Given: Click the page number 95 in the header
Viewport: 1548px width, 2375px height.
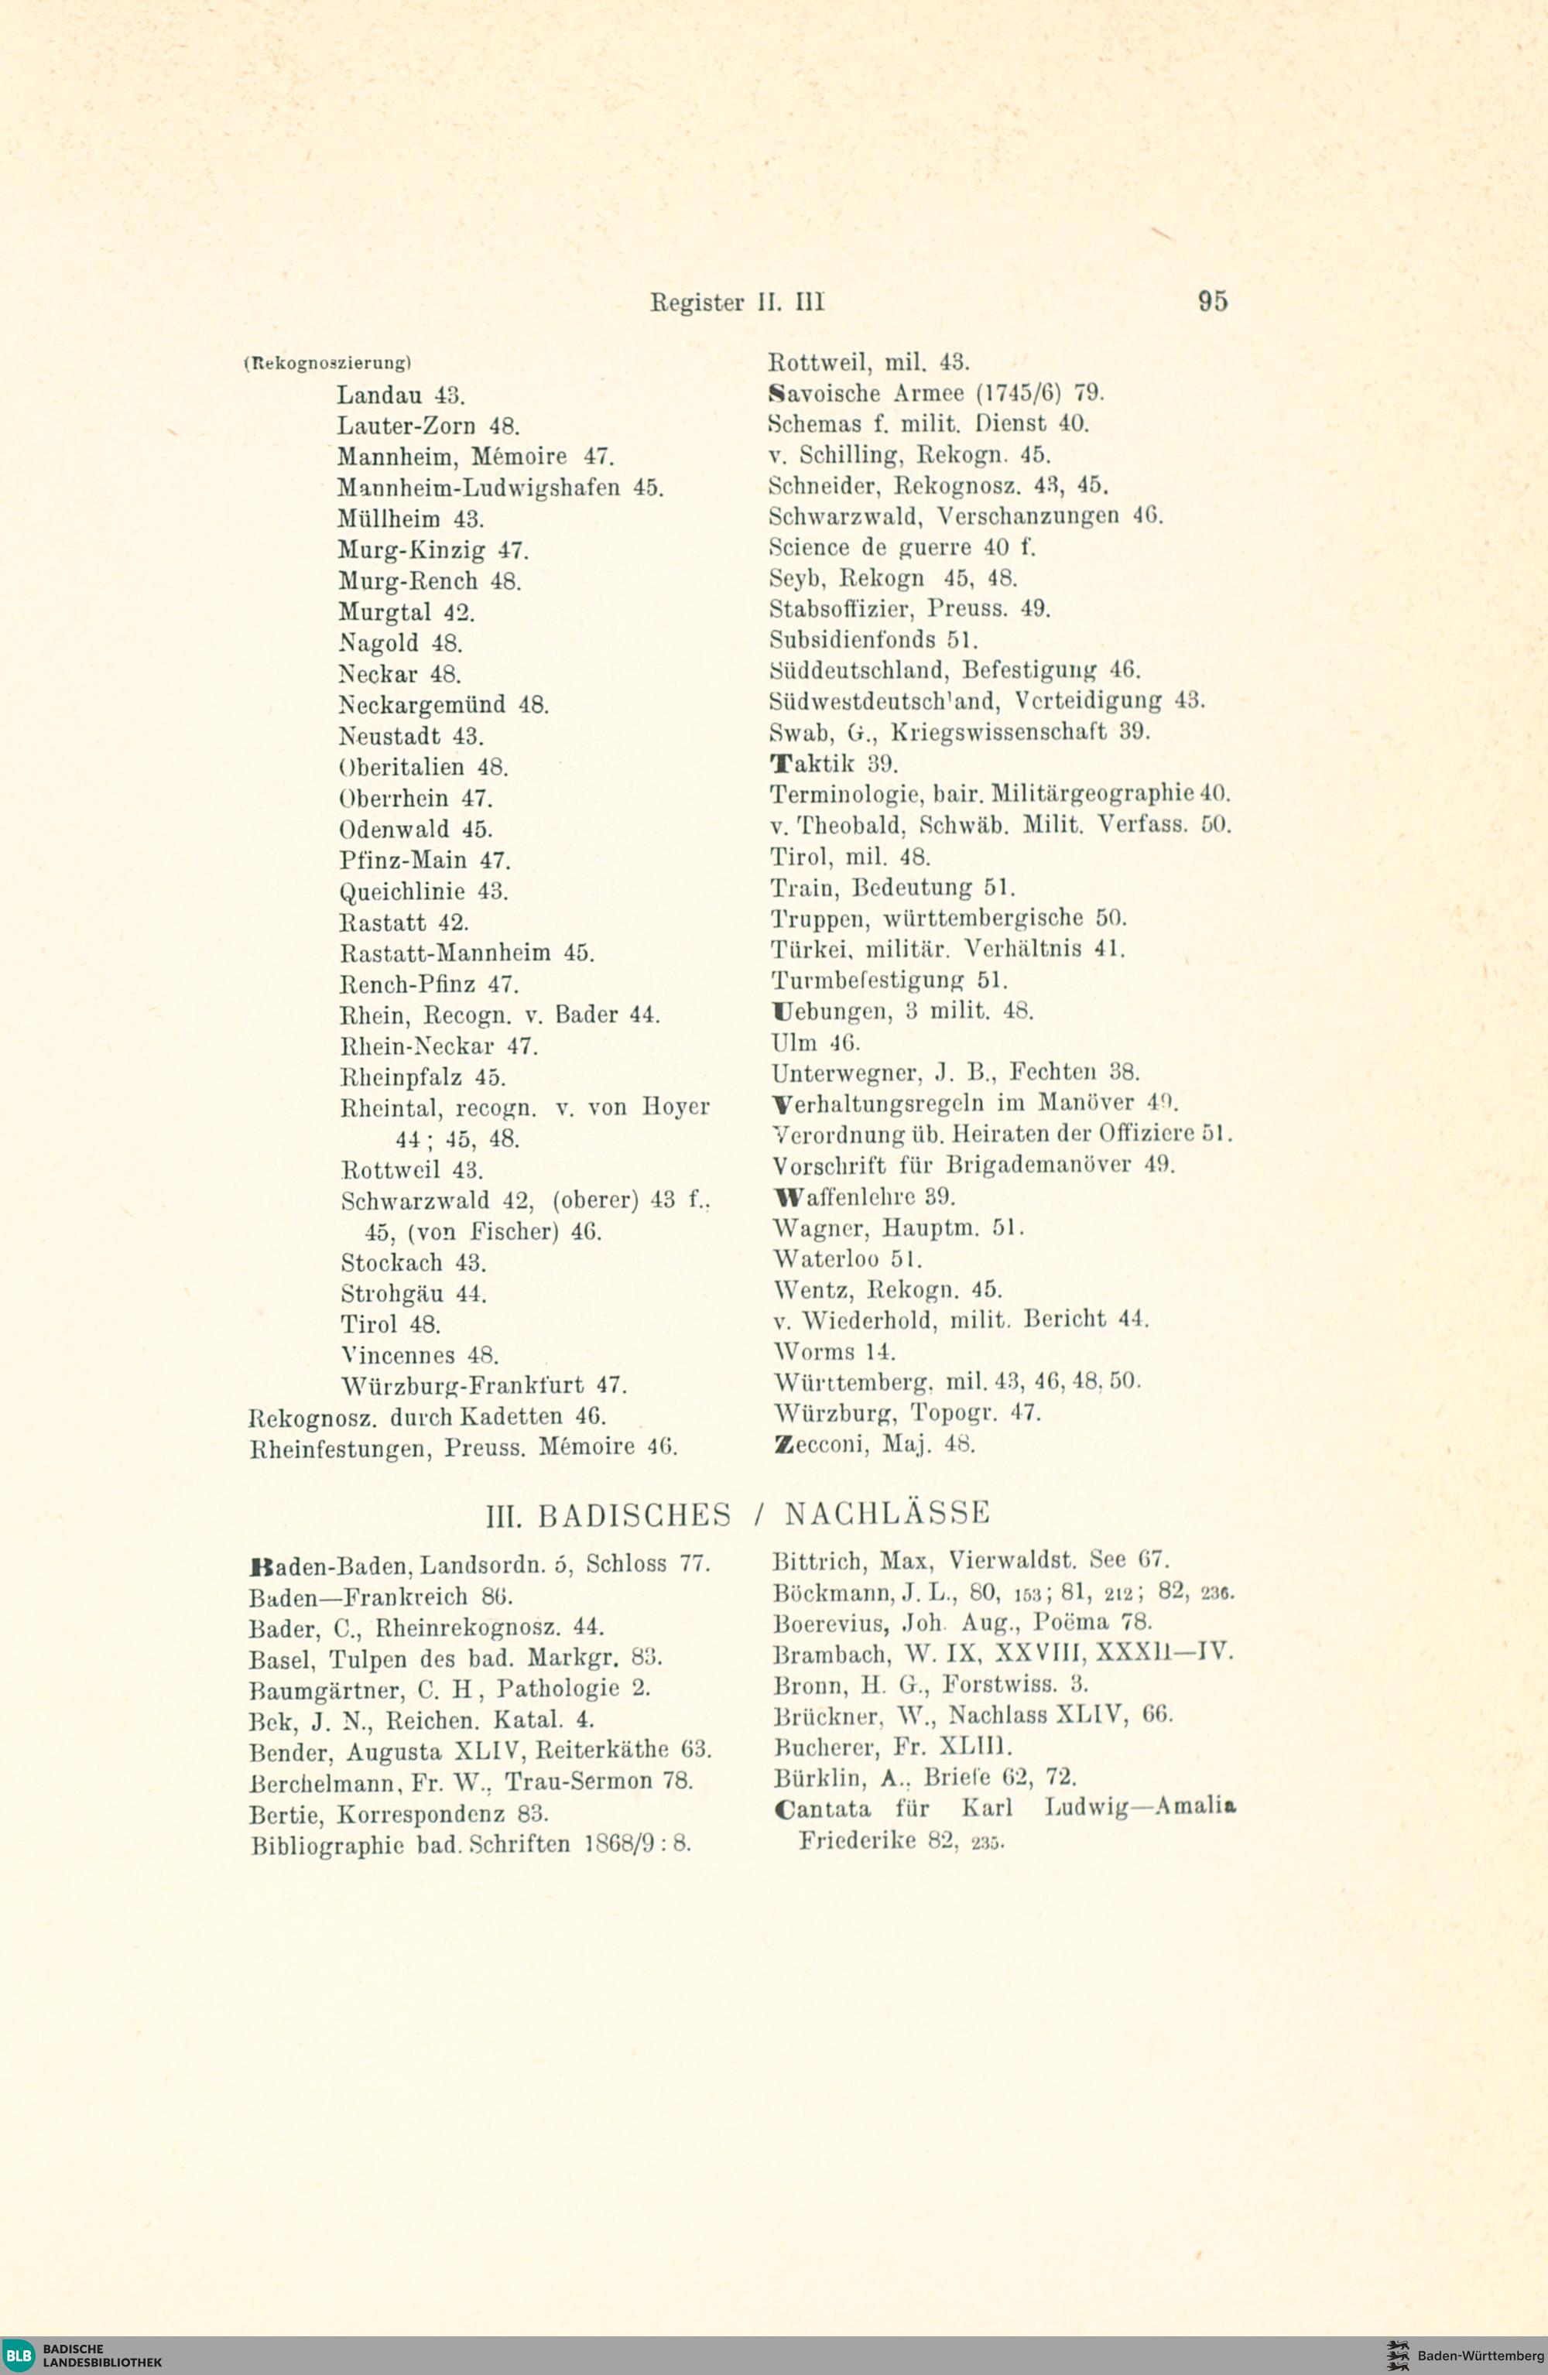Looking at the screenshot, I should (x=1213, y=300).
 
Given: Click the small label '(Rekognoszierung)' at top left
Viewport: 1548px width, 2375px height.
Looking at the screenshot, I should (x=327, y=362).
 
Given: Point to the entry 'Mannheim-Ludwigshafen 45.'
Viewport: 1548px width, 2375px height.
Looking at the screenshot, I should (x=500, y=488).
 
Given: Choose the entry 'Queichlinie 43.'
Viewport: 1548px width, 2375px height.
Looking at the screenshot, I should (x=424, y=891).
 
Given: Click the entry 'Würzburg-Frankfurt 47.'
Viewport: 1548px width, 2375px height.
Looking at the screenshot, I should (x=484, y=1386).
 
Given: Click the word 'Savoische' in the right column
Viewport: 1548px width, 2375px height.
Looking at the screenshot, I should (x=824, y=393).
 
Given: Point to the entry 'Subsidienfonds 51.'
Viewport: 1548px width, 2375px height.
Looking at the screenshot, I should (x=873, y=638).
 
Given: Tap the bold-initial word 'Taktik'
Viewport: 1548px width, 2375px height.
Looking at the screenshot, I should (x=813, y=765).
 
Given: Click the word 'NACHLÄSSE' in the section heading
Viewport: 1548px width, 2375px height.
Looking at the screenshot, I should (x=886, y=1514).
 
